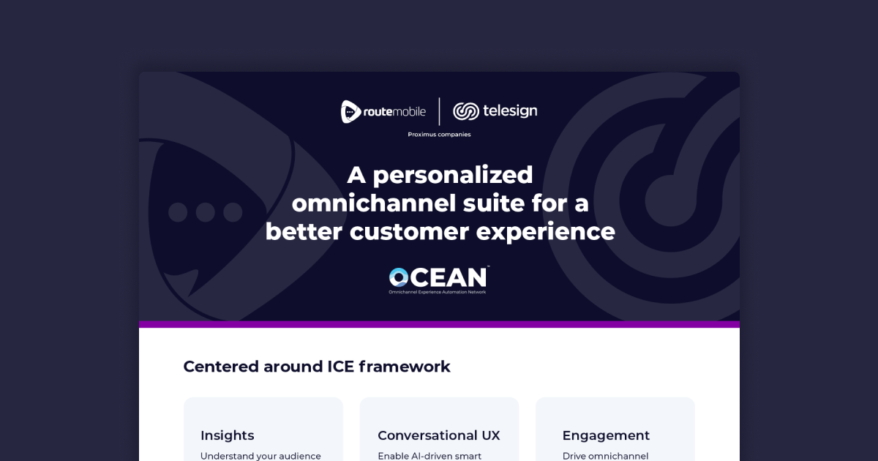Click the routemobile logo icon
[x=351, y=111]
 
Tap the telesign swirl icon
[x=465, y=111]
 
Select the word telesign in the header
[x=510, y=111]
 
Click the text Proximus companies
[x=439, y=135]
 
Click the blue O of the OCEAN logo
[x=399, y=277]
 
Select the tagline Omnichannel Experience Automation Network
[x=438, y=292]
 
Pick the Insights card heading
[x=228, y=435]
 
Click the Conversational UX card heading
[x=439, y=435]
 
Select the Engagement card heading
[x=606, y=435]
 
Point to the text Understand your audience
[x=260, y=456]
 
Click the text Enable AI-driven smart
[x=429, y=456]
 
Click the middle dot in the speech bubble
[x=206, y=212]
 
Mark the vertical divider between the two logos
[x=439, y=111]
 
